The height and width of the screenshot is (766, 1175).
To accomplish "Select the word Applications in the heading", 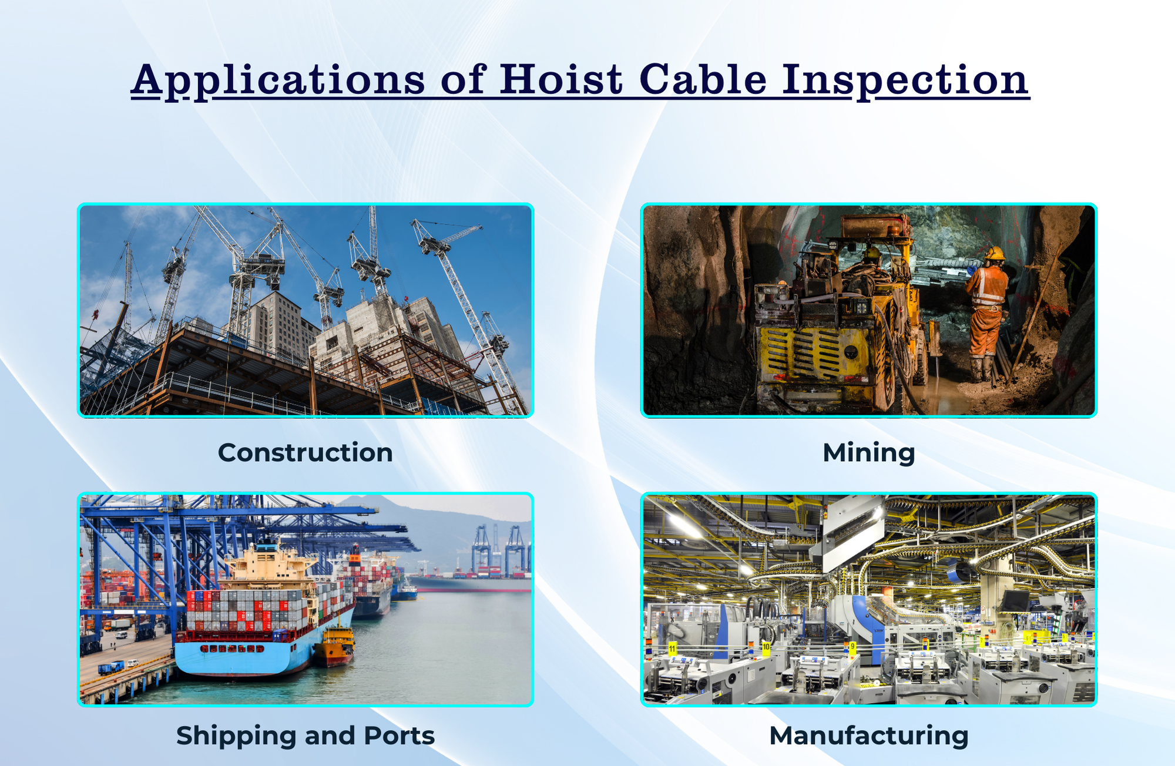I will (278, 80).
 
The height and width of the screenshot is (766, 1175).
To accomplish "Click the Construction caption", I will (305, 453).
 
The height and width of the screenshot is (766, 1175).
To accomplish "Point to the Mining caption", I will (868, 453).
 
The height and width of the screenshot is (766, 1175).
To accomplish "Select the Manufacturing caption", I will (868, 736).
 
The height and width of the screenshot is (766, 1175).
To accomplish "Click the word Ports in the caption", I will (399, 736).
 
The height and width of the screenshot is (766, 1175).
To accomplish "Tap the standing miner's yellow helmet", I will (994, 253).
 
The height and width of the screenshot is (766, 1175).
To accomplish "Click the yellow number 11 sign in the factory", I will (673, 649).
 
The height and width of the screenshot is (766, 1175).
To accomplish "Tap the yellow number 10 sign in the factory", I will (766, 647).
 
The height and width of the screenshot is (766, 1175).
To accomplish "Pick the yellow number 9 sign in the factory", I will (852, 646).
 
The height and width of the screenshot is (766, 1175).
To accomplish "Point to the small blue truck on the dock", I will (111, 667).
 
